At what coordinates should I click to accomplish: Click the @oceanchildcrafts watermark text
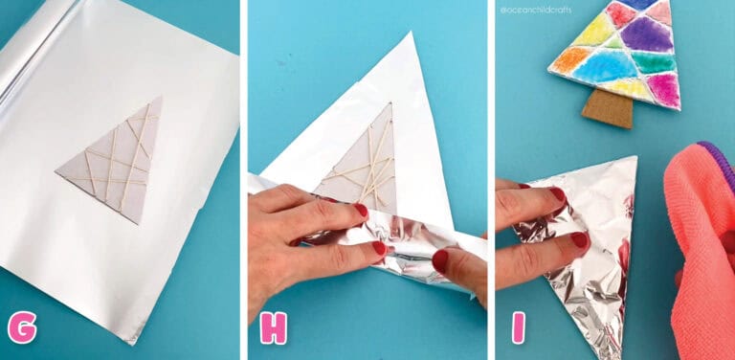535,10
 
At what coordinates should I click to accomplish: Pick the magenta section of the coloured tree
663,88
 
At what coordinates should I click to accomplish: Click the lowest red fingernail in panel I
579,240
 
